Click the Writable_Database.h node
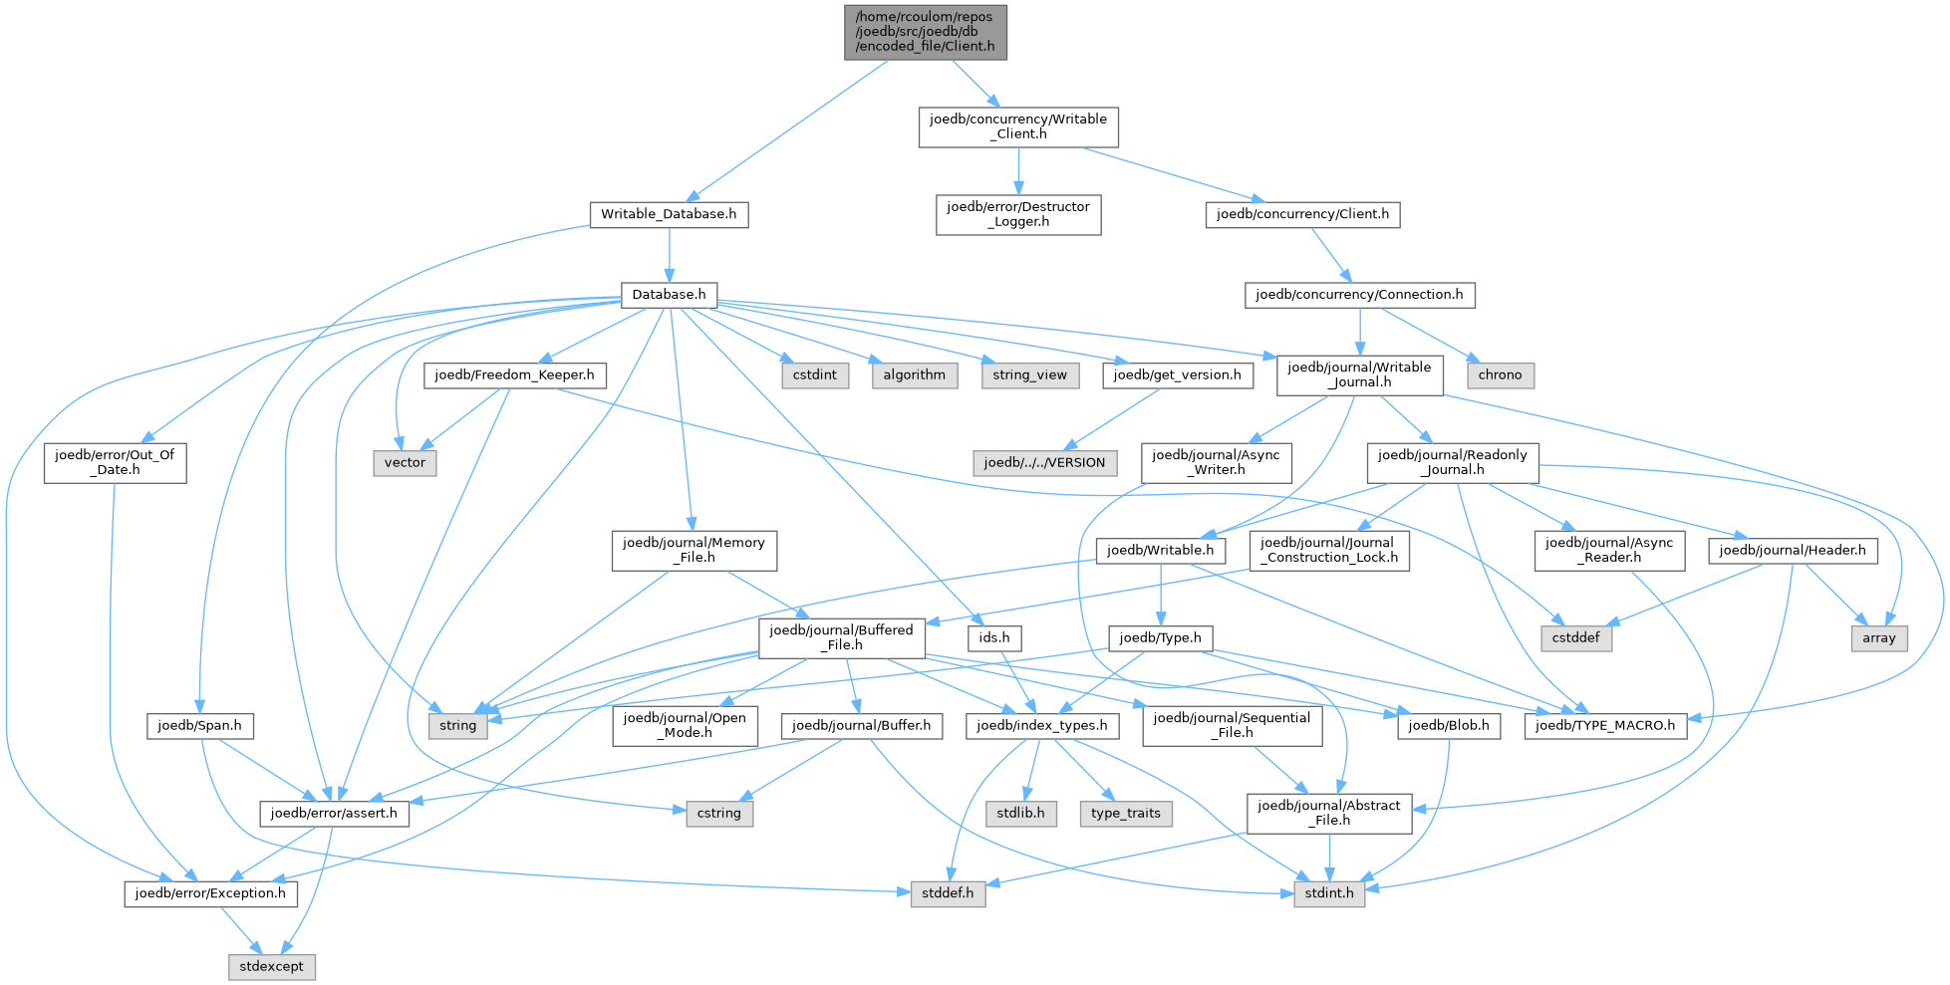click(669, 214)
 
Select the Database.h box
click(669, 295)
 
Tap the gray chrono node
click(1500, 375)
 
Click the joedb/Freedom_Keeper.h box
click(514, 375)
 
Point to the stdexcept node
click(272, 967)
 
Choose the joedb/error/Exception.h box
click(210, 893)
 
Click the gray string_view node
click(1030, 375)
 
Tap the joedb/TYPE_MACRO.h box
click(1605, 726)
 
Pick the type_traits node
click(1126, 814)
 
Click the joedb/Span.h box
click(199, 726)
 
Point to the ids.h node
click(994, 638)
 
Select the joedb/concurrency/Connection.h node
click(1359, 295)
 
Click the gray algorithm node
click(914, 375)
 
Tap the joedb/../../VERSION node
click(1044, 463)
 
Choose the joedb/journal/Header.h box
click(1793, 551)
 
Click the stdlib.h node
click(1020, 814)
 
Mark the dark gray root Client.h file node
click(926, 32)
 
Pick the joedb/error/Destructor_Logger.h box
click(1018, 214)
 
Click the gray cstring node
click(719, 814)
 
